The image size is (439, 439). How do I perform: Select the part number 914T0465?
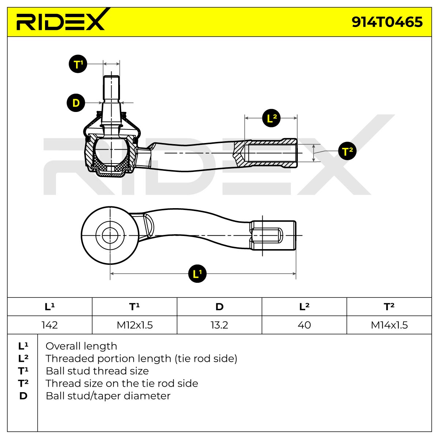387,22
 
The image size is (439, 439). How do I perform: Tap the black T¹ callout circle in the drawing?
78,64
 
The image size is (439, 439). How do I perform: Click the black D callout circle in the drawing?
76,103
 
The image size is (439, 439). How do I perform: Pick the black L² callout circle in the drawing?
271,118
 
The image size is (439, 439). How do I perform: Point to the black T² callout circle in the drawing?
347,151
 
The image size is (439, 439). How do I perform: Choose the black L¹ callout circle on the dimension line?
197,274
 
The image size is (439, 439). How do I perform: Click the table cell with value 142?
50,325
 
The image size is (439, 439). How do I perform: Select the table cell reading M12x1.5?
135,325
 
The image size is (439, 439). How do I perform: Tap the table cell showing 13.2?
219,325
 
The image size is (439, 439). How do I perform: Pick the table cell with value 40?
304,325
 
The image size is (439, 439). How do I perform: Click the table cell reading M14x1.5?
389,325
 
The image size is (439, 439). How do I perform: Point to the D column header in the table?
219,307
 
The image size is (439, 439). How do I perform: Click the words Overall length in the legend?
81,346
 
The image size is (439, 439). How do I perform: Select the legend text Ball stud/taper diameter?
108,396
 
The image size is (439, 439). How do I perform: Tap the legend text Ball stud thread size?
97,371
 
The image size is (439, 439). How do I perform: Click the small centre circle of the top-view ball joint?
110,235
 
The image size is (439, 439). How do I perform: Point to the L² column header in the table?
304,307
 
